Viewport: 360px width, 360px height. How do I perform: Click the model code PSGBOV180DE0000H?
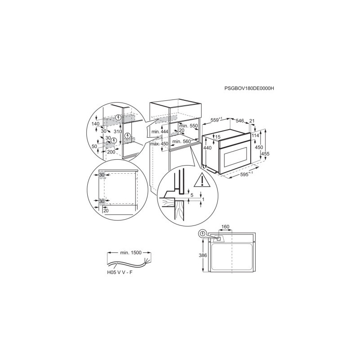pos(249,88)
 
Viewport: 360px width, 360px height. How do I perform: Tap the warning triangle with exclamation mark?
pos(202,181)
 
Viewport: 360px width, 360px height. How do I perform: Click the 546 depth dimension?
pos(240,121)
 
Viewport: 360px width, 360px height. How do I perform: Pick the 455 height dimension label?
pos(265,154)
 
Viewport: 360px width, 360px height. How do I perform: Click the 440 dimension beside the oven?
pos(207,148)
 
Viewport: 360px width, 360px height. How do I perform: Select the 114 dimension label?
pos(255,135)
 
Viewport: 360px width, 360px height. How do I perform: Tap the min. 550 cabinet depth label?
pos(189,126)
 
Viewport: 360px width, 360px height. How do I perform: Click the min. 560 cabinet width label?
pos(182,141)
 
